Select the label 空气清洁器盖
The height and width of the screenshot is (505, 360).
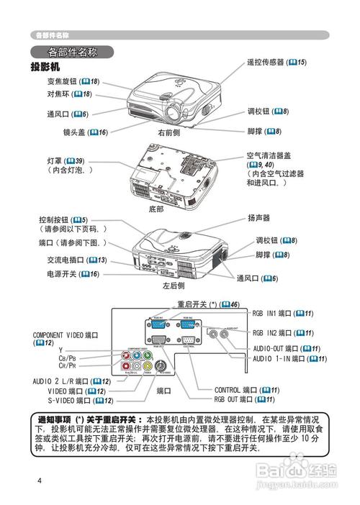click(271, 156)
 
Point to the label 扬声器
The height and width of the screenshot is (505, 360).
click(258, 217)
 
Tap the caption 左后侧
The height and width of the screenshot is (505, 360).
click(174, 286)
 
